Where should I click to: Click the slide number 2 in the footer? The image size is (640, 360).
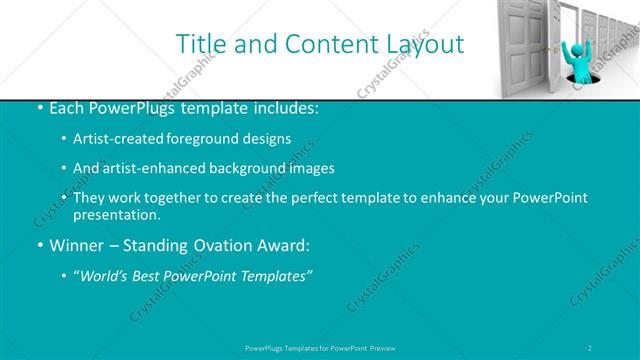pyautogui.click(x=591, y=347)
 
